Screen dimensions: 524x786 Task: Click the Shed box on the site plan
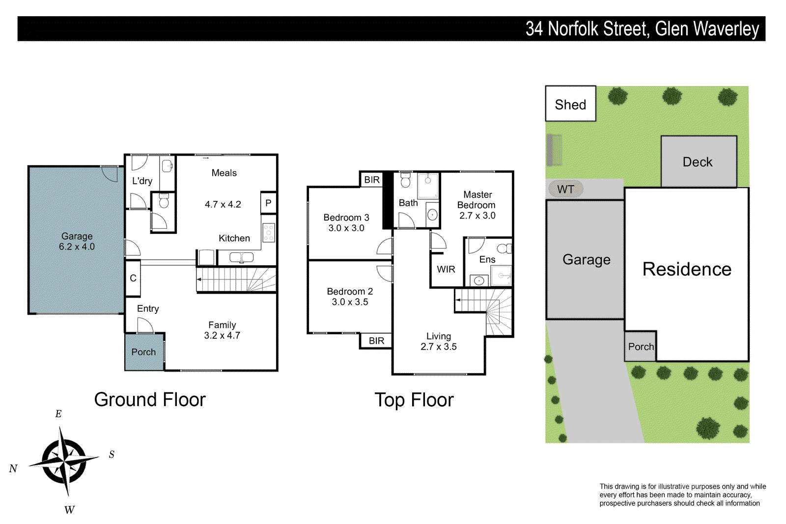[x=570, y=104]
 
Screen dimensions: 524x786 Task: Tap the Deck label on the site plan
[x=697, y=162]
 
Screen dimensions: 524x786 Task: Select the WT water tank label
[x=565, y=189]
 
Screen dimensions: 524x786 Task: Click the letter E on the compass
[x=58, y=414]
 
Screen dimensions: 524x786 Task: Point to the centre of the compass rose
[x=64, y=461]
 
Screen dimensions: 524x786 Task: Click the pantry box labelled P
[x=268, y=203]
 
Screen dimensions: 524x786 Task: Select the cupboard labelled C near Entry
[x=133, y=278]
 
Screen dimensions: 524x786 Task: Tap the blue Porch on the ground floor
[x=143, y=352]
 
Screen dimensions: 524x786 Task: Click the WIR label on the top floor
[x=446, y=269]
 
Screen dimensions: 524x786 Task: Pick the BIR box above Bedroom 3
[x=372, y=180]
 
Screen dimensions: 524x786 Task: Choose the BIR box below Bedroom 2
[x=376, y=340]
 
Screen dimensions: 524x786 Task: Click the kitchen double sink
[x=241, y=257]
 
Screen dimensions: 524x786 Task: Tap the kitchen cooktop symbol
[x=269, y=232]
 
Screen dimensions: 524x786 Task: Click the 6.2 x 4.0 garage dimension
[x=77, y=247]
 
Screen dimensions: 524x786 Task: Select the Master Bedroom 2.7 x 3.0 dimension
[x=477, y=216]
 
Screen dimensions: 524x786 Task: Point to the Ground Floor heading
[x=149, y=400]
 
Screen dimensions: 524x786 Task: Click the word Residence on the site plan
[x=687, y=269]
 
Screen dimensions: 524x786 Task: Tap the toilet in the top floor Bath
[x=405, y=181]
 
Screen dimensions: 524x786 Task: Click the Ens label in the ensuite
[x=487, y=259]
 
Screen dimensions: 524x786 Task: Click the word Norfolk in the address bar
[x=573, y=29]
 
